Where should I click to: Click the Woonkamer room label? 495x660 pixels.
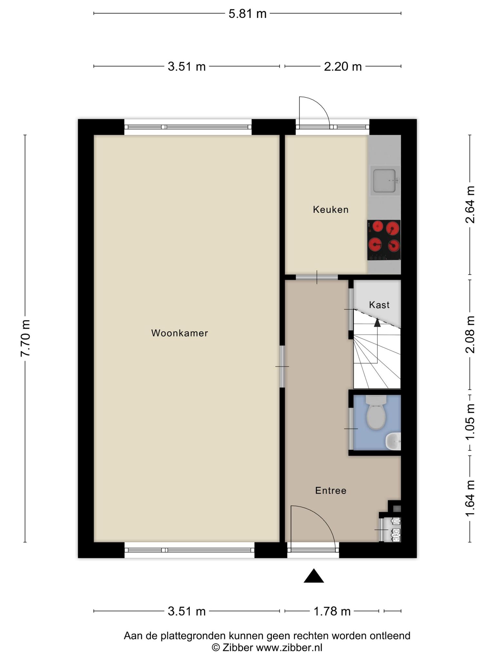click(x=180, y=333)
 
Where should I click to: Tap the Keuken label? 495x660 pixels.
click(x=331, y=210)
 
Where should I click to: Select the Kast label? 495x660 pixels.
click(x=379, y=305)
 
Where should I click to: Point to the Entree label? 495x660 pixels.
click(x=331, y=490)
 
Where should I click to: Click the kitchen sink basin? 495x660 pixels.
click(x=384, y=180)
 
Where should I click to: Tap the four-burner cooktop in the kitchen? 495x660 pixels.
click(x=384, y=240)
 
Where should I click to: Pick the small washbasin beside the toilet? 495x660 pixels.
click(x=393, y=441)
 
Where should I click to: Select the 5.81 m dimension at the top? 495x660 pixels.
click(x=247, y=14)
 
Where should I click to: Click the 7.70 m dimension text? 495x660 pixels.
click(x=25, y=338)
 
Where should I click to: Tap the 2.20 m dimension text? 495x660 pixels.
click(x=343, y=67)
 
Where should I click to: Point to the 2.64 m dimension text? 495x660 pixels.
click(x=470, y=205)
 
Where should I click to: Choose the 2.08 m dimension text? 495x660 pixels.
click(x=470, y=334)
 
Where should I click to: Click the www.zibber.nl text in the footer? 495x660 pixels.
click(x=289, y=647)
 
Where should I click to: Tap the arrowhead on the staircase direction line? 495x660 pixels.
click(x=377, y=322)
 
